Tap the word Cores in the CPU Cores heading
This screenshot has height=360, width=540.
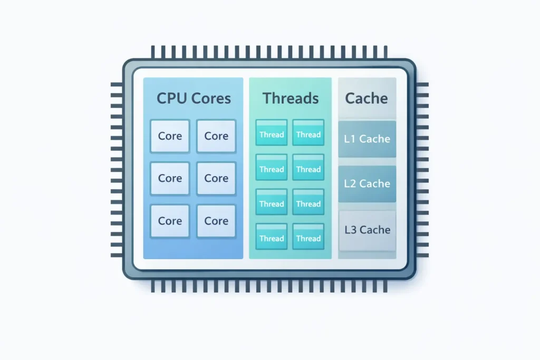[210, 99]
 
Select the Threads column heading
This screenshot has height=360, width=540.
[291, 98]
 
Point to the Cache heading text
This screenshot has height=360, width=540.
[367, 98]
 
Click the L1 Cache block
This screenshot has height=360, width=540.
[367, 139]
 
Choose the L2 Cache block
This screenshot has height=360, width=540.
[367, 184]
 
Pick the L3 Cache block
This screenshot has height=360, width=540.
[367, 230]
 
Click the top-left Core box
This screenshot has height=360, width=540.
[170, 136]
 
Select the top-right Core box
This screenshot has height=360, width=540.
[216, 136]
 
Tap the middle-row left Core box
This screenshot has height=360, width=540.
[170, 179]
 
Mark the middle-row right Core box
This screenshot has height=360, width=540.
[216, 179]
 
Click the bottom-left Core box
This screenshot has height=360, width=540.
[170, 221]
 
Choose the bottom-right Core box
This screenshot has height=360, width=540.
[216, 221]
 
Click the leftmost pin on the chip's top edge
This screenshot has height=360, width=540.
[153, 52]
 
